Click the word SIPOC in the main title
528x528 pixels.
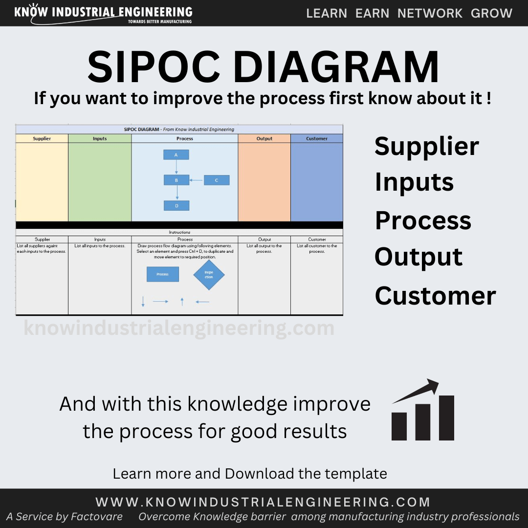(154, 66)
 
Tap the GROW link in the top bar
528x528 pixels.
(491, 13)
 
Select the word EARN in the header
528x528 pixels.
(372, 13)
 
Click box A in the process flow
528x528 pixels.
(176, 155)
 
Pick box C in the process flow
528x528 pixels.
(217, 180)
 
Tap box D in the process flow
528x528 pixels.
(176, 206)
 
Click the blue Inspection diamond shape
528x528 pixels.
(209, 274)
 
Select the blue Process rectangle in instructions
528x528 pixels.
(163, 274)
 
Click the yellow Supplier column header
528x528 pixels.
(42, 138)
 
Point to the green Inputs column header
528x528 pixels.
(100, 138)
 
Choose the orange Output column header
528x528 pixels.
(264, 138)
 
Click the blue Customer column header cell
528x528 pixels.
(317, 138)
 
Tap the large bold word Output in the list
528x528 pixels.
(418, 257)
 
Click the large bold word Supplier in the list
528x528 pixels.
(427, 147)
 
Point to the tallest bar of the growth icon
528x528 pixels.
(446, 418)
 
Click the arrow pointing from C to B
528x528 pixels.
(196, 180)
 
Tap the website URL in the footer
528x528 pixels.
(263, 502)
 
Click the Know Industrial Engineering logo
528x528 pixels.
(103, 14)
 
